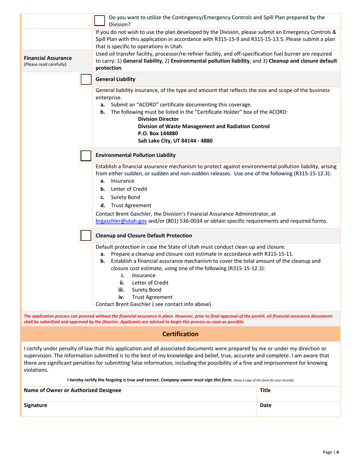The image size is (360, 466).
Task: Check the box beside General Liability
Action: pos(86,80)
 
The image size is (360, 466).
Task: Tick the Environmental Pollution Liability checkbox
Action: pos(86,155)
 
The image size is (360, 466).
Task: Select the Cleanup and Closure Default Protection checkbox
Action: pos(86,235)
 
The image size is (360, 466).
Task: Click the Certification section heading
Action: pos(180,334)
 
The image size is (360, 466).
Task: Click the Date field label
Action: pos(266,405)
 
